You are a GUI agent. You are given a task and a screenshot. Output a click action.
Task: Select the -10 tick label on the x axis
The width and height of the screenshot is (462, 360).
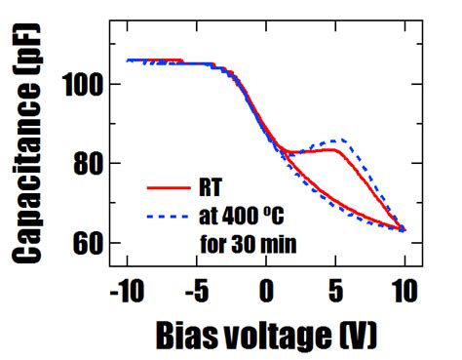click(x=127, y=291)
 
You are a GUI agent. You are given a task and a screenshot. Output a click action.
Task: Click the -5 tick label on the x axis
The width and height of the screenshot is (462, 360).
click(x=197, y=291)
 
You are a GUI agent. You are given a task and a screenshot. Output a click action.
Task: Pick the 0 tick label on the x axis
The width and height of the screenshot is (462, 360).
click(x=266, y=291)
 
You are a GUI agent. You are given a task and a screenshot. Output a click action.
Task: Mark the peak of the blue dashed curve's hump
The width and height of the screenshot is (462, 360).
click(x=338, y=140)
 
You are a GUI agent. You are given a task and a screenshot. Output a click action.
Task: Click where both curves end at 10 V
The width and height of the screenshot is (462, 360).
click(x=403, y=230)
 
